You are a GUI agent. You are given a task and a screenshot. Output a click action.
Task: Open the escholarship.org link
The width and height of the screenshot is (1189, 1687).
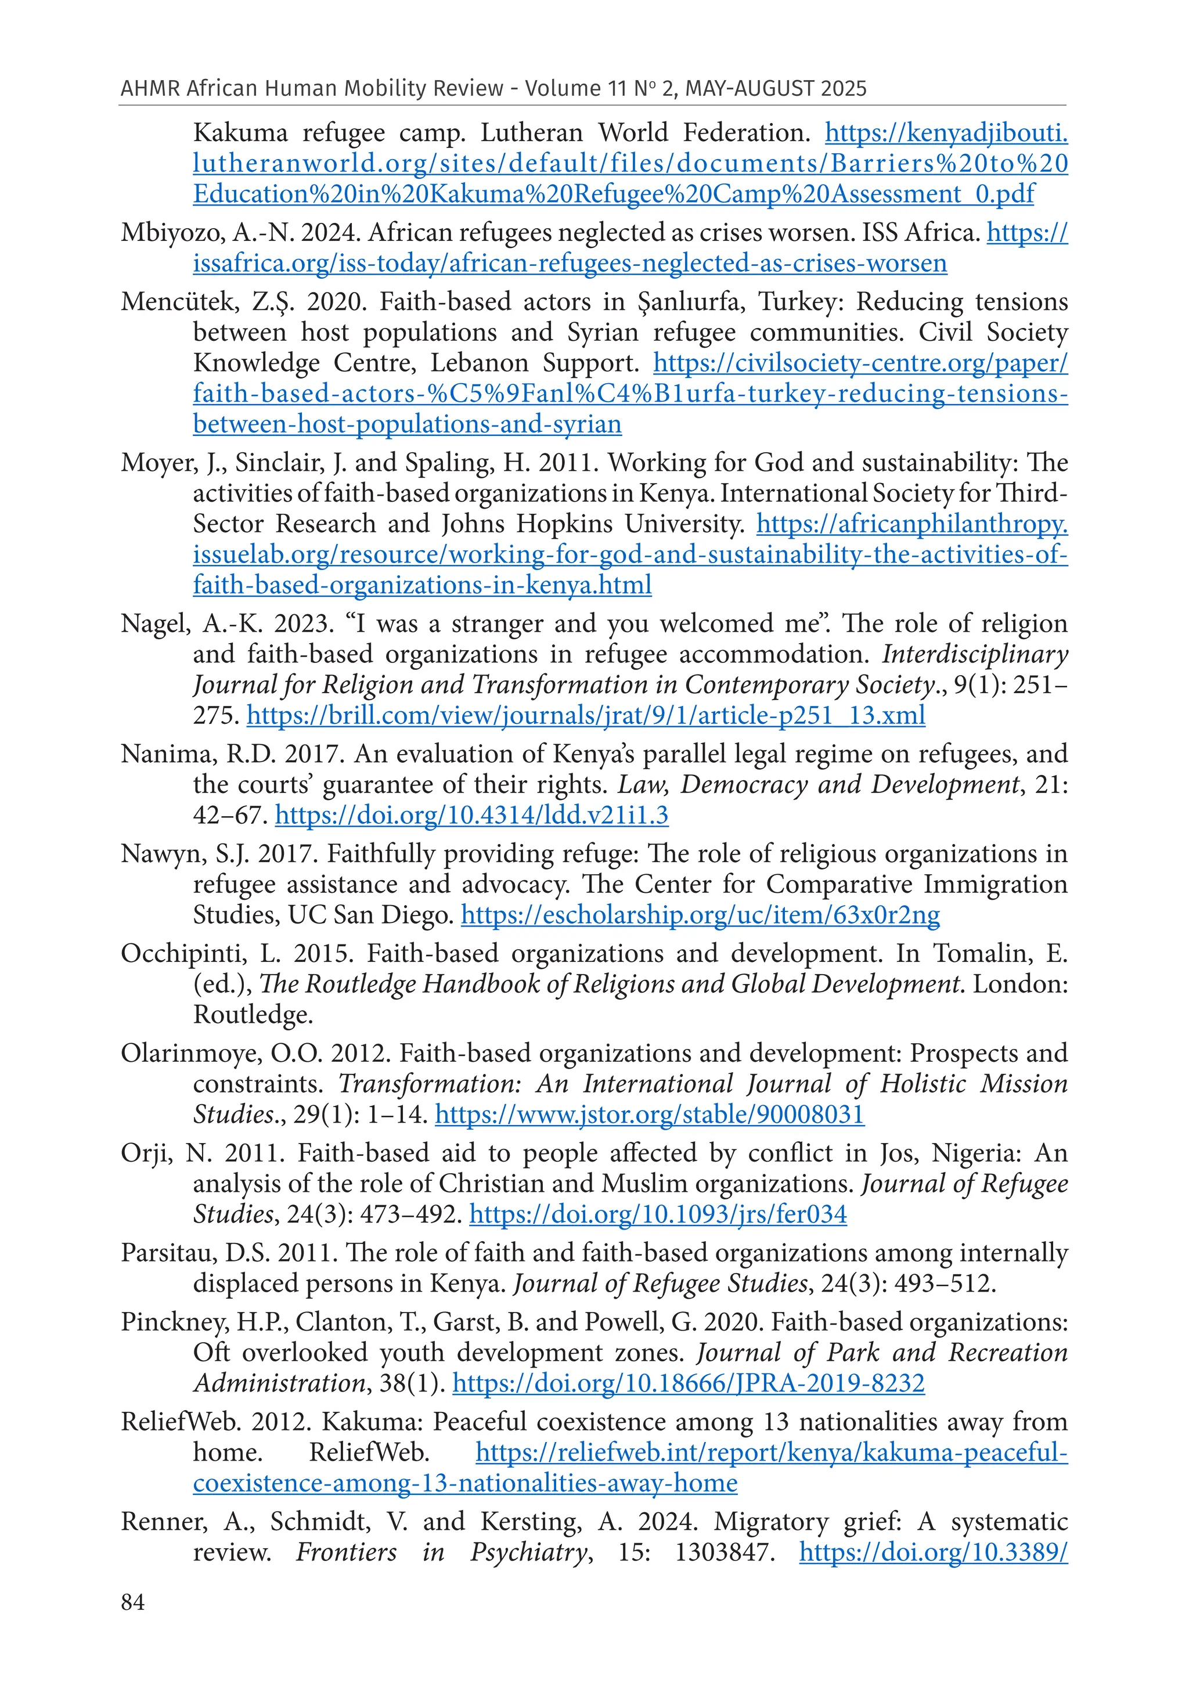click(700, 915)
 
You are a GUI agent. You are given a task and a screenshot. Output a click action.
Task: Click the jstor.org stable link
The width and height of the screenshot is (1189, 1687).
click(649, 1115)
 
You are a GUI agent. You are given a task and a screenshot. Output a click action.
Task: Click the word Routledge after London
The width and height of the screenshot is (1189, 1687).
click(253, 1015)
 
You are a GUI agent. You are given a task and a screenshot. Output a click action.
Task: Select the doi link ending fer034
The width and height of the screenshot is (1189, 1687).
click(658, 1214)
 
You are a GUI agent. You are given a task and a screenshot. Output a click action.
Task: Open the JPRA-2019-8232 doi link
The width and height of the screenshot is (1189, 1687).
click(688, 1383)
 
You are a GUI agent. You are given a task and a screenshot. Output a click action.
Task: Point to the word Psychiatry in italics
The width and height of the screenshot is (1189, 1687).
click(529, 1552)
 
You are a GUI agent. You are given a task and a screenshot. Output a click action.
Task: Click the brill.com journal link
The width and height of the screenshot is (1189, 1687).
click(585, 715)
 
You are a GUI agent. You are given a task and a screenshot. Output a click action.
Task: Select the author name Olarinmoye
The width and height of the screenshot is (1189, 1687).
click(190, 1054)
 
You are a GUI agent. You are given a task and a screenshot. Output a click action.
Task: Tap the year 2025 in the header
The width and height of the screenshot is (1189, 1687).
click(844, 89)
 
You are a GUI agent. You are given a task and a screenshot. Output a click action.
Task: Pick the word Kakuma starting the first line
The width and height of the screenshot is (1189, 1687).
click(240, 133)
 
